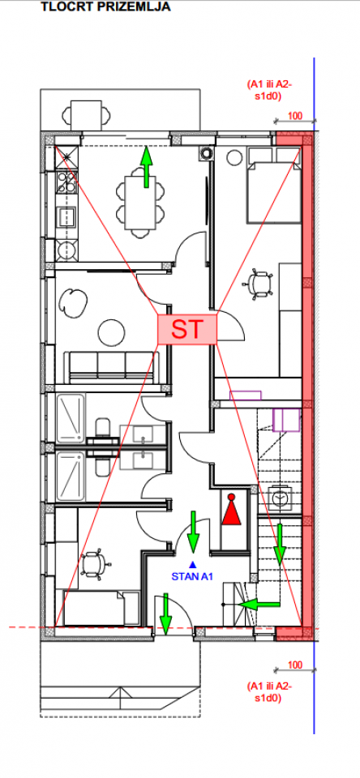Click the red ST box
pos(187,329)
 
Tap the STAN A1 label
pos(192,576)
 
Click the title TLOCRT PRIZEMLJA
pos(105,7)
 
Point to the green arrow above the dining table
pos(146,167)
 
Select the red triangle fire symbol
pos(231,511)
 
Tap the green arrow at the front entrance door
pos(166,613)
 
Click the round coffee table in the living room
pos(111,333)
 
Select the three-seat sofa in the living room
pos(111,367)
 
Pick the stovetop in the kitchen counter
pos(66,182)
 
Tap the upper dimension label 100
pos(295,116)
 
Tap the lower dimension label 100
pos(295,665)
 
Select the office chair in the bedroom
pos(258,284)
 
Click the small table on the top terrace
pos(86,115)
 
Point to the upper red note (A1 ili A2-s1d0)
pos(270,90)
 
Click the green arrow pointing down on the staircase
pos(280,545)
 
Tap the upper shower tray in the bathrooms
pos(71,418)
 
